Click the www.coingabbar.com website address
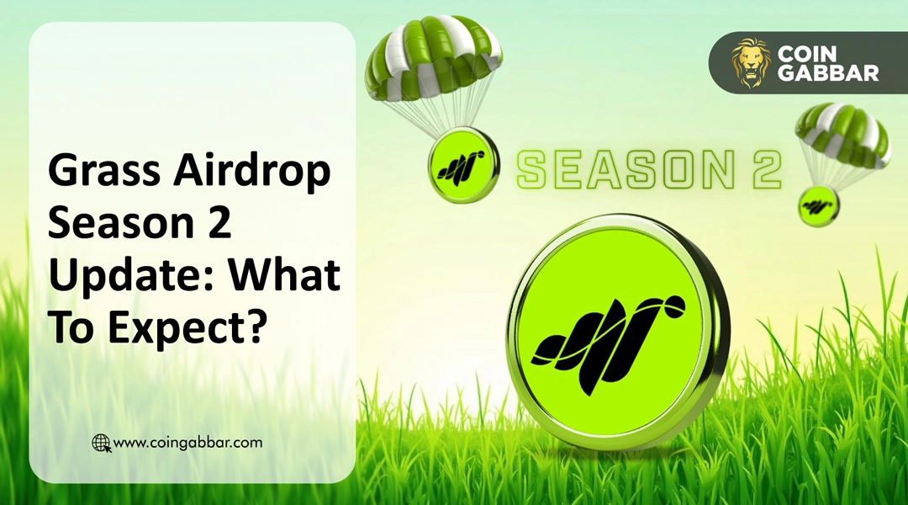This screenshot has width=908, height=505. click(x=187, y=442)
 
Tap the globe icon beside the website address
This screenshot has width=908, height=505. click(x=101, y=443)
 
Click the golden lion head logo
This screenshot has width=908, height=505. click(x=750, y=62)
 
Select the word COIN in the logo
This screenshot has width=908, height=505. click(x=803, y=52)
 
